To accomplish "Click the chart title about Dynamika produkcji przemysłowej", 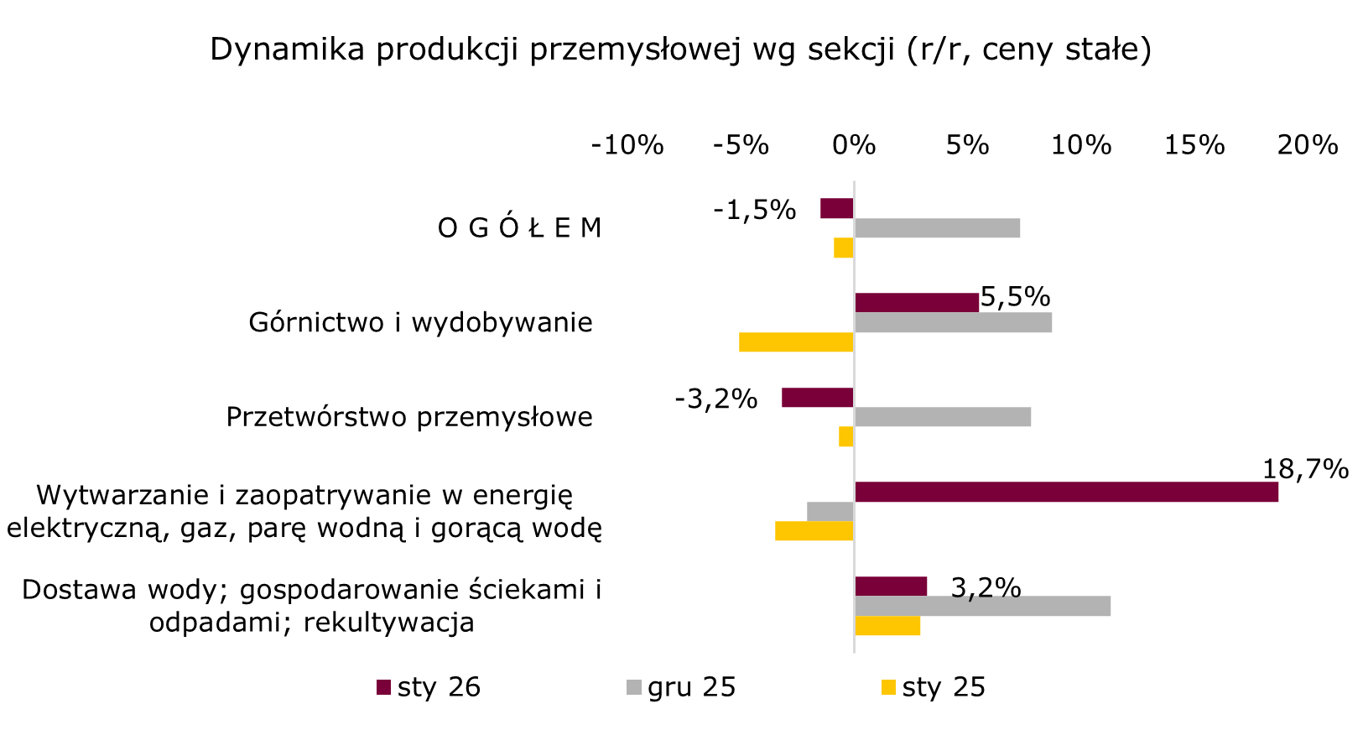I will (x=680, y=50).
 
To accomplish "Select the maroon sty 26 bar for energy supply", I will (x=1065, y=492).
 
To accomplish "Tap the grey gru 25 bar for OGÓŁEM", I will (x=937, y=227).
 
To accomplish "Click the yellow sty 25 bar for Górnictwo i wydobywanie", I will (x=796, y=342).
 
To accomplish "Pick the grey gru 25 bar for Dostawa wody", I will (x=982, y=606).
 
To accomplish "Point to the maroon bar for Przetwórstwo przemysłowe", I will (x=817, y=398).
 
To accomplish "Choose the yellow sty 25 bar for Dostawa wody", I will (x=887, y=625).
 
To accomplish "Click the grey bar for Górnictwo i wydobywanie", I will (x=953, y=322).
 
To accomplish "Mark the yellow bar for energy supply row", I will (x=814, y=530).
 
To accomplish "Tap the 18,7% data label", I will (x=1305, y=469).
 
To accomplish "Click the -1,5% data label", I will (x=754, y=210).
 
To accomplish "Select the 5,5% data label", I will (x=1015, y=296).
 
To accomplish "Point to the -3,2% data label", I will (x=715, y=399).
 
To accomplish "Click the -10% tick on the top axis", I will (x=627, y=145).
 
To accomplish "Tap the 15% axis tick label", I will (x=1194, y=145).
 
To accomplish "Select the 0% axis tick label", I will (x=854, y=145).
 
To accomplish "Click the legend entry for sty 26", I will (x=429, y=687).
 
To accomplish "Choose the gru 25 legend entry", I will (x=681, y=687).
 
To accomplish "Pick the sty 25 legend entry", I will (x=933, y=687).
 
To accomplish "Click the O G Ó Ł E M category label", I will (x=519, y=228).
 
